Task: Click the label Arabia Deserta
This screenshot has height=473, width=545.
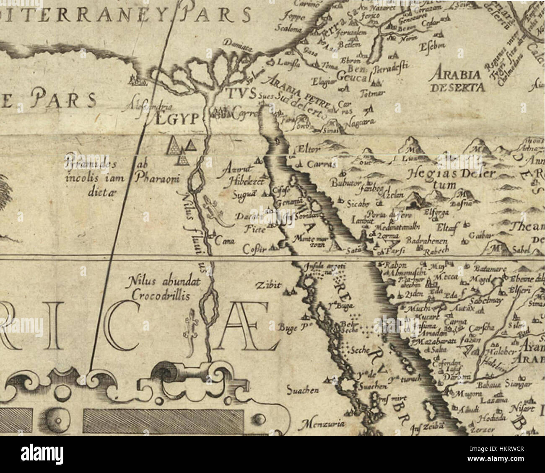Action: click(457, 81)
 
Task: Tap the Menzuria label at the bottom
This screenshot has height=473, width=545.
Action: click(322, 424)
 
